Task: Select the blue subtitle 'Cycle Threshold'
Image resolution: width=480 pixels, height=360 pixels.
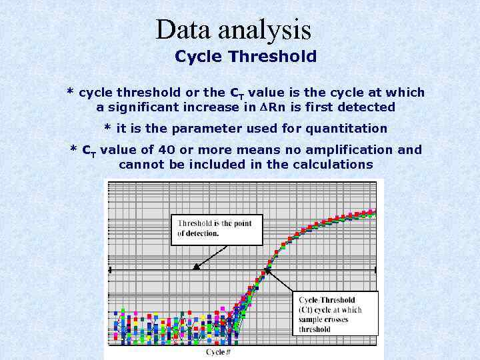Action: point(245,57)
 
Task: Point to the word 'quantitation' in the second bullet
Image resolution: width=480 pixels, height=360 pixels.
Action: point(350,127)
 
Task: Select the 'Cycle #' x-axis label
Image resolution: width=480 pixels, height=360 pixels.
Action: point(219,351)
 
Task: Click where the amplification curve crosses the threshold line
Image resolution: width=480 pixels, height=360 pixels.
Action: point(267,269)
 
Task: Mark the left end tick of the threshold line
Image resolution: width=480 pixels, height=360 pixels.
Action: point(110,269)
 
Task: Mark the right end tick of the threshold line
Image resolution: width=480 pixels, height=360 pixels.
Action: point(376,269)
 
